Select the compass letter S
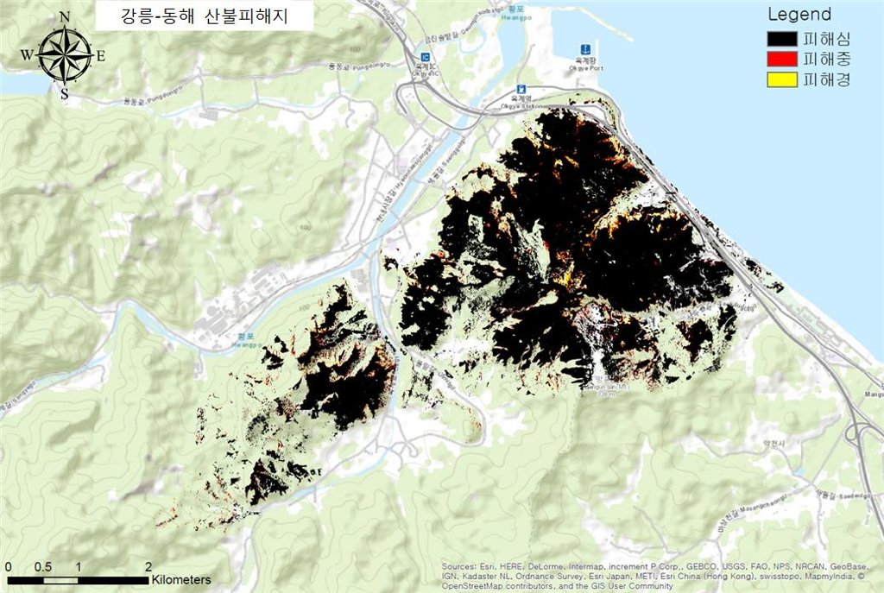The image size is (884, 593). click(64, 93)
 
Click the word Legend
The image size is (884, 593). click(799, 15)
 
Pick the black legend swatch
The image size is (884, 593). click(782, 39)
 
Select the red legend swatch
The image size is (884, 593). click(782, 60)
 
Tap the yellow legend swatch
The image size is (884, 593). click(782, 80)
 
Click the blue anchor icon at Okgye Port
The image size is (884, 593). click(584, 48)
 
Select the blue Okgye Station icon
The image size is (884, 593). click(521, 90)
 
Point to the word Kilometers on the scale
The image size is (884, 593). click(181, 579)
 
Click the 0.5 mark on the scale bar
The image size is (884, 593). click(43, 566)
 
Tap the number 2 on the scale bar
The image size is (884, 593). click(148, 566)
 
